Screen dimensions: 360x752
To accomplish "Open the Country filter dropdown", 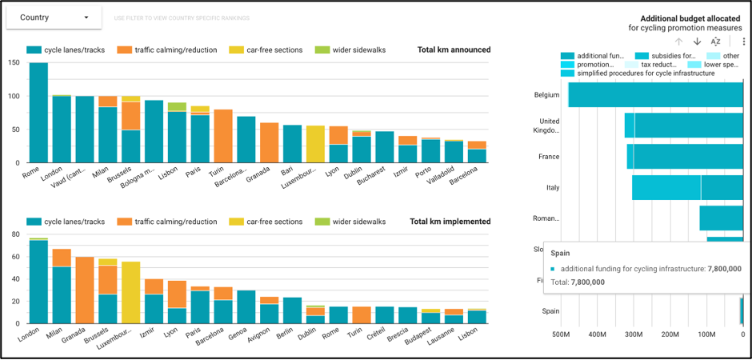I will pyautogui.click(x=54, y=17).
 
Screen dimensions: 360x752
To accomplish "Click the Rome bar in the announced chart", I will pyautogui.click(x=38, y=112).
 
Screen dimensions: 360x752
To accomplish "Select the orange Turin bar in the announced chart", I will pyautogui.click(x=223, y=136).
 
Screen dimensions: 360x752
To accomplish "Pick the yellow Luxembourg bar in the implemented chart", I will pyautogui.click(x=130, y=293).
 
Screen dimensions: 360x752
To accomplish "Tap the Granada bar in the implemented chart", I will pyautogui.click(x=84, y=290).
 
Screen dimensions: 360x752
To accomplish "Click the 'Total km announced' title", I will pyautogui.click(x=454, y=50).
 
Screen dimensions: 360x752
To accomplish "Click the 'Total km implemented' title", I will pyautogui.click(x=450, y=222).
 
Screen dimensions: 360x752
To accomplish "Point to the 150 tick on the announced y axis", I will pyautogui.click(x=14, y=63).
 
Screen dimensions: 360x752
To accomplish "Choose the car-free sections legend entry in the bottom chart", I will pyautogui.click(x=266, y=222).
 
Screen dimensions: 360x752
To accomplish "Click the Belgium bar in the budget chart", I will pyautogui.click(x=656, y=94).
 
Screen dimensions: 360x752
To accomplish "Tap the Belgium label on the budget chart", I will pyautogui.click(x=546, y=94).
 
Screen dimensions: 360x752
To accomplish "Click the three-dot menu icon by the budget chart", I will pyautogui.click(x=743, y=42).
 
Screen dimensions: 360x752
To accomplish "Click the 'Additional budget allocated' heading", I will pyautogui.click(x=693, y=18).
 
